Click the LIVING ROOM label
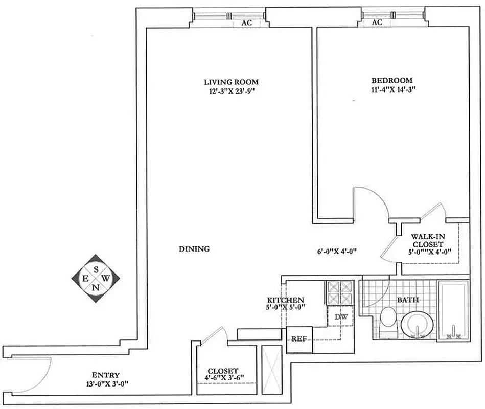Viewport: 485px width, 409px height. [231, 82]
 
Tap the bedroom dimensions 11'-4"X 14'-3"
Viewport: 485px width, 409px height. [391, 89]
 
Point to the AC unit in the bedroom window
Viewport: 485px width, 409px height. [377, 23]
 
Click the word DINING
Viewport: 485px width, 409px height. [195, 249]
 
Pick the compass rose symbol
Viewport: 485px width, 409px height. [96, 279]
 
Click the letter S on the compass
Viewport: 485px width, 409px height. [96, 267]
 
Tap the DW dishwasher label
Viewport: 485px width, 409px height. [341, 317]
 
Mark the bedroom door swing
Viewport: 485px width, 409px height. [372, 202]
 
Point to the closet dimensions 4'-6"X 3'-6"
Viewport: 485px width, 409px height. [225, 379]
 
